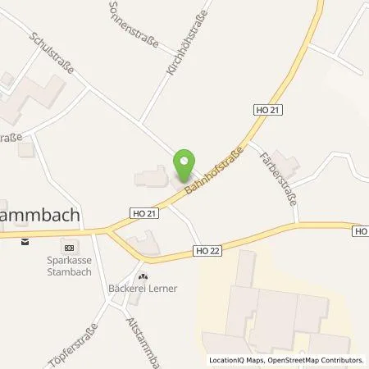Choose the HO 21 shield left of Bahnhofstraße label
(143, 212)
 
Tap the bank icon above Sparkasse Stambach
(69, 248)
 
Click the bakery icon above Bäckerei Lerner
(143, 276)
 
